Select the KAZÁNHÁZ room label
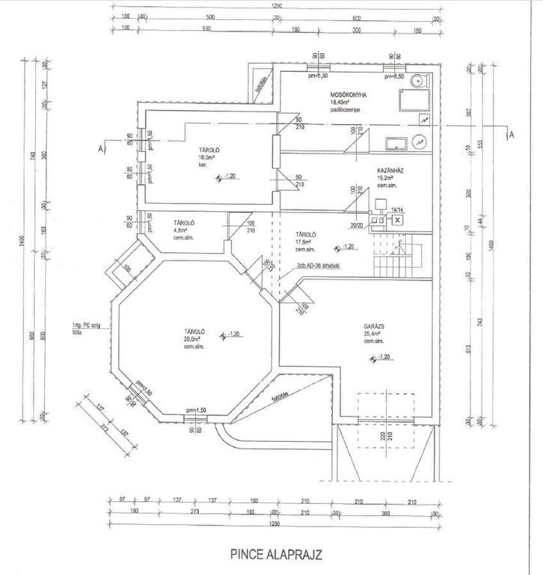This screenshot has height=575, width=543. [x=391, y=170]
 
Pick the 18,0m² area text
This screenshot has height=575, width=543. [x=206, y=157]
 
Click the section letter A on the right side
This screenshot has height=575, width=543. [x=512, y=136]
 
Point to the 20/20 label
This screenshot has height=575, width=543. [x=356, y=225]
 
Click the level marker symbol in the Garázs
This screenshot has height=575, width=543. [x=374, y=359]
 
